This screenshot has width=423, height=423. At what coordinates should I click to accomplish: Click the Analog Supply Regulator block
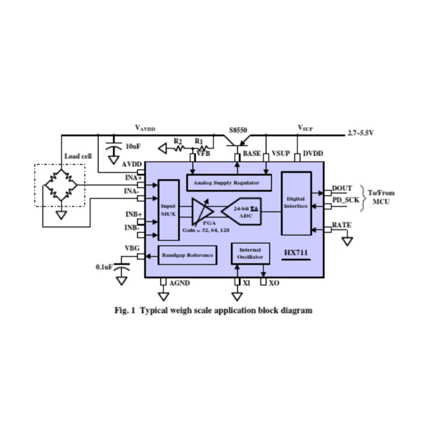pyautogui.click(x=230, y=183)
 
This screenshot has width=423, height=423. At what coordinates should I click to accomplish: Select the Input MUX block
pyautogui.click(x=169, y=210)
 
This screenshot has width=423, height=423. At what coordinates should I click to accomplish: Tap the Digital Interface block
pyautogui.click(x=296, y=203)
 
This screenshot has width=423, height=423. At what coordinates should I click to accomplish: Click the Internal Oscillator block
pyautogui.click(x=250, y=254)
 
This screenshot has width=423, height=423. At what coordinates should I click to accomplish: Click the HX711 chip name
pyautogui.click(x=296, y=254)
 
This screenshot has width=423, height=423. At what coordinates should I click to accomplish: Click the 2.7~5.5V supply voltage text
pyautogui.click(x=361, y=133)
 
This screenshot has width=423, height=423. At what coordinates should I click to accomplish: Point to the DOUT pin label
pyautogui.click(x=342, y=189)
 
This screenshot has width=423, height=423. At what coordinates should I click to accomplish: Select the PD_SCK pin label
pyautogui.click(x=345, y=200)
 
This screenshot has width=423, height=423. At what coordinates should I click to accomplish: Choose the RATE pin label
pyautogui.click(x=342, y=225)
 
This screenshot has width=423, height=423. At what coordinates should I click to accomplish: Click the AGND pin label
pyautogui.click(x=179, y=283)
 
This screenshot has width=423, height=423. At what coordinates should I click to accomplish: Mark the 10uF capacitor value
pyautogui.click(x=133, y=146)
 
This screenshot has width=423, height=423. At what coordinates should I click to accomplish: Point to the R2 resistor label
pyautogui.click(x=178, y=142)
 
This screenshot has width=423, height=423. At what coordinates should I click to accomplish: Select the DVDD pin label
pyautogui.click(x=313, y=154)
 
